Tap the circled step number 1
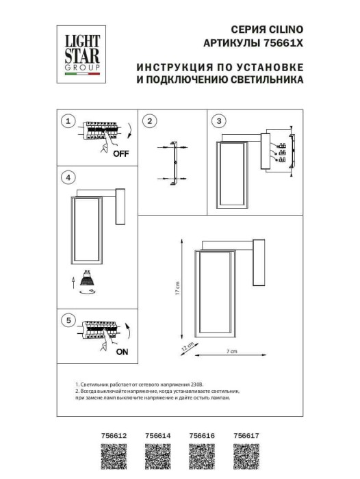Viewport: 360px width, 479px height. pos(67,121)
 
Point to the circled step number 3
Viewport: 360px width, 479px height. pos(218,121)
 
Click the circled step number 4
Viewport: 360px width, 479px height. pos(67,178)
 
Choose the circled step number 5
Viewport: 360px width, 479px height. pos(67,320)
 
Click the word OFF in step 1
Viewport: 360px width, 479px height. pos(120,154)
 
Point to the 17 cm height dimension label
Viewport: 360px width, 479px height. pos(176,289)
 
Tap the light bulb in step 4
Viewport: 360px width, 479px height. pos(87,279)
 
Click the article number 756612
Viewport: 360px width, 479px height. pos(114,434)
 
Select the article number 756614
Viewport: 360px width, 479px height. pos(158,434)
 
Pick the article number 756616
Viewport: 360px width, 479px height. pos(201,434)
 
